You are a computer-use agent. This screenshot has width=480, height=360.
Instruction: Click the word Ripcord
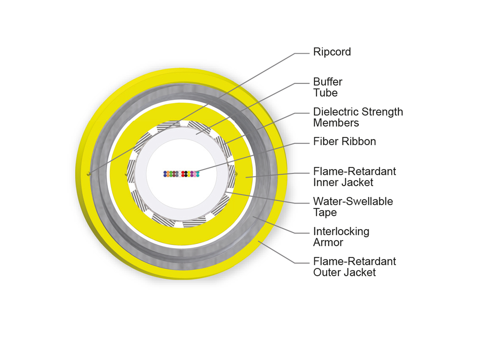(x=332, y=52)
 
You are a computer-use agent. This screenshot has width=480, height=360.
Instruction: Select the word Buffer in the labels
(x=328, y=82)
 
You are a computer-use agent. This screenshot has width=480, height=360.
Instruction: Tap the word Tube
(x=325, y=93)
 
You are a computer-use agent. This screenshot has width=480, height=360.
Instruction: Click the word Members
(x=336, y=123)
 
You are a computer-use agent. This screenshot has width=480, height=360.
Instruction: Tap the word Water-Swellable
(x=353, y=202)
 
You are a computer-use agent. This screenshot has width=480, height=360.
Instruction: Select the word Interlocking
(x=341, y=232)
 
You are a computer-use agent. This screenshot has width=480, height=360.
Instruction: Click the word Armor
(x=328, y=242)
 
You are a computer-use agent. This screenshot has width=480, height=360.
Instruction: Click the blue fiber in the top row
(x=165, y=172)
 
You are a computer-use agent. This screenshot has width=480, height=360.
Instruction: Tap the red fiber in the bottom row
(x=183, y=175)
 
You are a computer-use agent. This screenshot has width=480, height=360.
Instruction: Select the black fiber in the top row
(x=186, y=172)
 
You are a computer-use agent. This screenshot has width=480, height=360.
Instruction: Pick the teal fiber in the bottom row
(x=198, y=175)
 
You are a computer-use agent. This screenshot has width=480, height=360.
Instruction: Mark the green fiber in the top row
(x=171, y=172)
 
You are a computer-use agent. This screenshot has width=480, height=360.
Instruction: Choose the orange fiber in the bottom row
(x=168, y=175)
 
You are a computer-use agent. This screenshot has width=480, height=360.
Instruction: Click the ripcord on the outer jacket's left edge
(x=88, y=174)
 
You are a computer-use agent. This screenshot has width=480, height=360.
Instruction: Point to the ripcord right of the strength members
(x=236, y=174)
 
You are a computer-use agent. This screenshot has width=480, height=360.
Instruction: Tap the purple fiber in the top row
(x=192, y=172)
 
